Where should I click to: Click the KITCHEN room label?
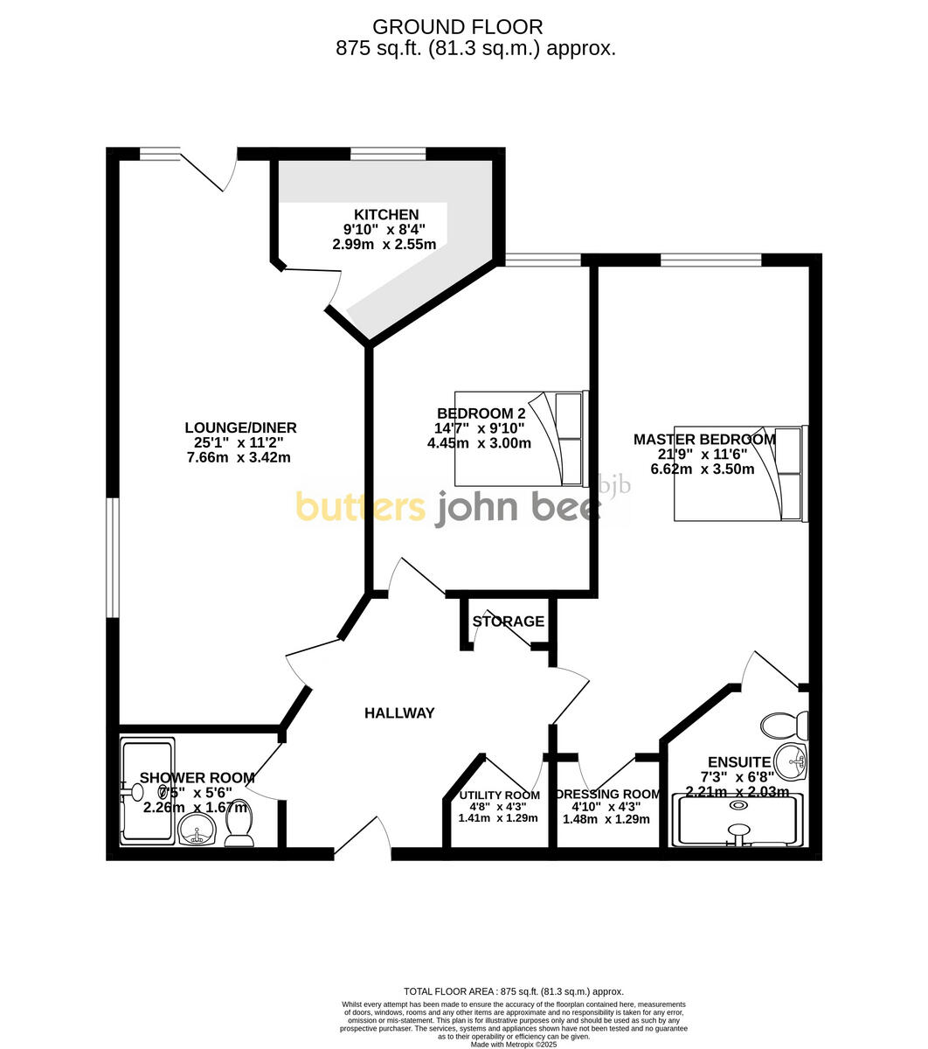[x=385, y=215]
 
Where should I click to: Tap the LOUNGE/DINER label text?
[x=240, y=427]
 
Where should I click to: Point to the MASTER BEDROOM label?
[x=703, y=440]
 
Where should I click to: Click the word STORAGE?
[x=508, y=622]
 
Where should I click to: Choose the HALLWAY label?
[x=398, y=713]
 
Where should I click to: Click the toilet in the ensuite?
[x=784, y=725]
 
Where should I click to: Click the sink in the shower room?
[x=197, y=831]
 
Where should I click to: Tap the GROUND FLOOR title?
[x=457, y=28]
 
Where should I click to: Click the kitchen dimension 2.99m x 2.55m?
[x=384, y=245]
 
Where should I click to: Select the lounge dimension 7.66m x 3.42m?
[x=238, y=457]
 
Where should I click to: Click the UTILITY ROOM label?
[x=499, y=795]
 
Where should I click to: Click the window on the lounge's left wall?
[x=112, y=557]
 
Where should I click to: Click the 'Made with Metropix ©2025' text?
[x=513, y=1044]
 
